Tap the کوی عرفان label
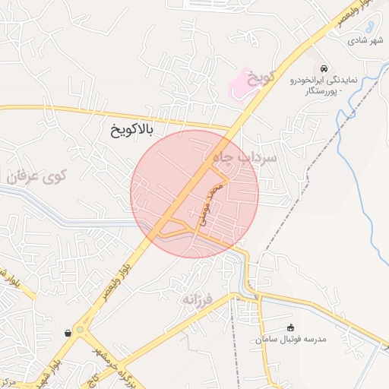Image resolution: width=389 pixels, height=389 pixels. [39, 176]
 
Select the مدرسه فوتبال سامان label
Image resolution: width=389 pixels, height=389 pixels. [291, 340]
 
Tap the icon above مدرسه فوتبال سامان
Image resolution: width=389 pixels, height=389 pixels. [290, 327]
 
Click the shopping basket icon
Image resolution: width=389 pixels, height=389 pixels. [68, 332]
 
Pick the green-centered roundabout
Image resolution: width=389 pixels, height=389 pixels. [81, 331]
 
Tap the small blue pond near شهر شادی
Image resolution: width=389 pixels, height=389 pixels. [369, 24]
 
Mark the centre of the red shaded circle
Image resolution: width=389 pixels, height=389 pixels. [194, 194]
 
